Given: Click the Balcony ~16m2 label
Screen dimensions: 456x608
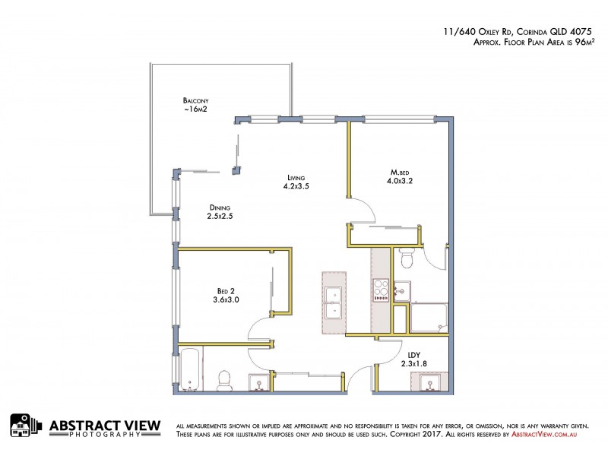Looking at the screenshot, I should pyautogui.click(x=195, y=106).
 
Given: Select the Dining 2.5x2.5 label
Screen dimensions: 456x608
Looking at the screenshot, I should pyautogui.click(x=220, y=212).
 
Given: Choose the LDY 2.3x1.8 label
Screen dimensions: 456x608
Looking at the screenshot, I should pyautogui.click(x=413, y=358).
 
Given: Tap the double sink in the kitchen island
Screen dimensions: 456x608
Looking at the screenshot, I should pyautogui.click(x=333, y=301).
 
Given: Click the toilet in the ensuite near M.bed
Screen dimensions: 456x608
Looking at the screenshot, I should pyautogui.click(x=406, y=260).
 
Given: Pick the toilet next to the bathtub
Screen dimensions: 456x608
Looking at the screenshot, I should pyautogui.click(x=224, y=379).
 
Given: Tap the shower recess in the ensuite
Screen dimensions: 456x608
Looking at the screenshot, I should pyautogui.click(x=429, y=318).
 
